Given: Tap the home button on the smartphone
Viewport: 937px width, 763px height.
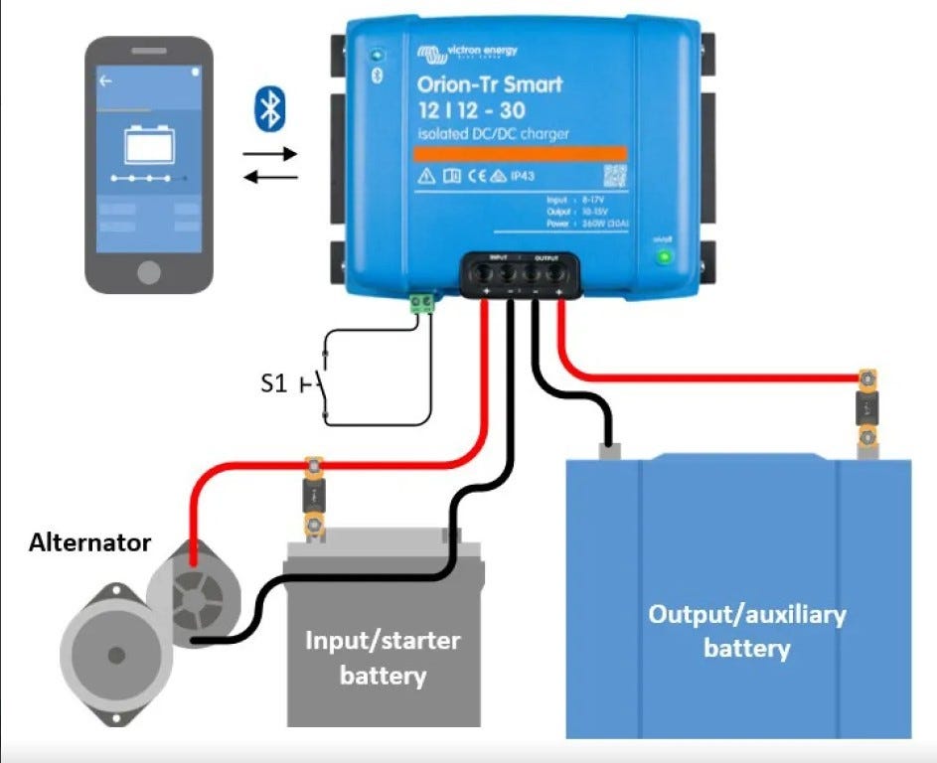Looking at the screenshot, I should pos(149,271).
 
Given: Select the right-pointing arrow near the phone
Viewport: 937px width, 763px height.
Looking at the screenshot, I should pos(270,154).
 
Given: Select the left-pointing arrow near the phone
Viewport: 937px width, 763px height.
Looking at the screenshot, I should pos(270,177).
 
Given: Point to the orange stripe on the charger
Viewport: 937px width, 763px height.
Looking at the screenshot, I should pos(520,153).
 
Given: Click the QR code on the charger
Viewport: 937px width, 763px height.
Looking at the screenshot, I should pos(616,176).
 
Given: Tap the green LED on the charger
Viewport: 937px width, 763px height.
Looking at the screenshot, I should pos(663,257).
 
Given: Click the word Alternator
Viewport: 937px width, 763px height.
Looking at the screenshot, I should pos(89,542).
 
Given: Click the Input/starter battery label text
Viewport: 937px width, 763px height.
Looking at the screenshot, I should pos(383,658).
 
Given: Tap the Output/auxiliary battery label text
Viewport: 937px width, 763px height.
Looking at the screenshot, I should pos(746,631).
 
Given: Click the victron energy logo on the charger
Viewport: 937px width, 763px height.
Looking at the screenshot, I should pos(468,52).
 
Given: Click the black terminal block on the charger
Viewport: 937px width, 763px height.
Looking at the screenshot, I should pos(520,272).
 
